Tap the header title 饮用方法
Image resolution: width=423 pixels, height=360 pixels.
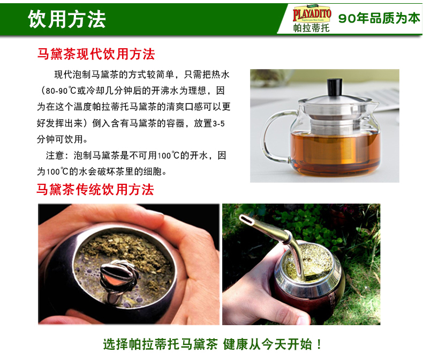pyautogui.click(x=66, y=19)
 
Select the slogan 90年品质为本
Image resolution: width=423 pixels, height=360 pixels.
pyautogui.click(x=379, y=18)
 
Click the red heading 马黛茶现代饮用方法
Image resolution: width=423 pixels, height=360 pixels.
pyautogui.click(x=96, y=54)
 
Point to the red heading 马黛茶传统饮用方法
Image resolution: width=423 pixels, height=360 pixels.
pyautogui.click(x=95, y=189)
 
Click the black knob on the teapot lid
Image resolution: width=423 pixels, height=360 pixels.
pyautogui.click(x=335, y=87)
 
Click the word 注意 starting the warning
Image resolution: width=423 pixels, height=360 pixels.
pyautogui.click(x=55, y=155)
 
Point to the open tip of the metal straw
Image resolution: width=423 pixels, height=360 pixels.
pyautogui.click(x=246, y=219)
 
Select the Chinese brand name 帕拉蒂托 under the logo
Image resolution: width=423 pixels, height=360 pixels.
pyautogui.click(x=311, y=28)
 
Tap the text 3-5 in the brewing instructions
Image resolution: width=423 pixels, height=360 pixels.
pyautogui.click(x=218, y=124)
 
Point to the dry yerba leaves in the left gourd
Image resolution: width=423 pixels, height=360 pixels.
pyautogui.click(x=122, y=247)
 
